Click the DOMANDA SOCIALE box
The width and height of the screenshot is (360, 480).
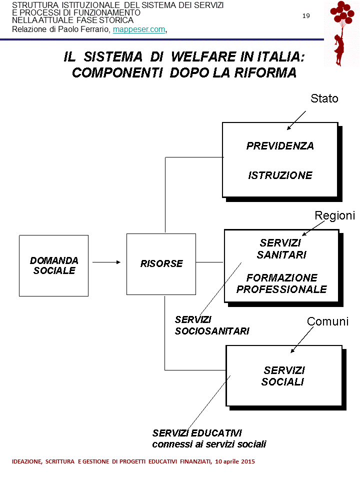[x=53, y=265]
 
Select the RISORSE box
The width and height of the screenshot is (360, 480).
[x=161, y=263]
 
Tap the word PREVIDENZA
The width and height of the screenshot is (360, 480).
[x=280, y=146]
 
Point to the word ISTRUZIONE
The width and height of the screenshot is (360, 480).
[x=280, y=175]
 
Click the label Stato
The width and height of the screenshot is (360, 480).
[x=324, y=98]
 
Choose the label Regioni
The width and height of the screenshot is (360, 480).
[x=334, y=215]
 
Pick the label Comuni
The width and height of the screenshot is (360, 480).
[x=327, y=321]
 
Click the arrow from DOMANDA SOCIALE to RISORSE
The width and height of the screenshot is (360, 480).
[x=106, y=261]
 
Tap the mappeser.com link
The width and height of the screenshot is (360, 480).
[x=138, y=29]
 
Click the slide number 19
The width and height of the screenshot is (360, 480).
[x=306, y=16]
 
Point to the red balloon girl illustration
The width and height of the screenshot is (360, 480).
[x=342, y=33]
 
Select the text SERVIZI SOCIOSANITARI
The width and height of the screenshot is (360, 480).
[x=212, y=325]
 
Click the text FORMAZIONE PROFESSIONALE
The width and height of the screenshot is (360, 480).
[x=281, y=283]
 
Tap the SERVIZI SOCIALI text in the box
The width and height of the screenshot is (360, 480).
[x=283, y=376]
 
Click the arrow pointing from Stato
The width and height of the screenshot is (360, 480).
[x=296, y=120]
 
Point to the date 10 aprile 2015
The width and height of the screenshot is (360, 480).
[x=235, y=461]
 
